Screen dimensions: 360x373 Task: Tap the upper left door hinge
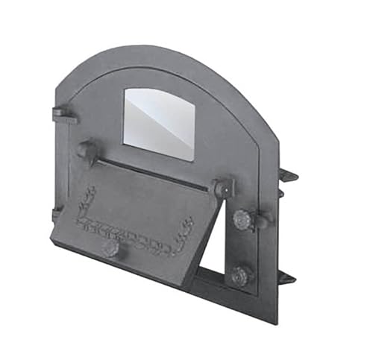click(62, 115)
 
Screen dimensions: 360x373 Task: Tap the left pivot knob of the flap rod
click(87, 151)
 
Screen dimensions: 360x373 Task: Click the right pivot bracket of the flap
click(222, 189)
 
